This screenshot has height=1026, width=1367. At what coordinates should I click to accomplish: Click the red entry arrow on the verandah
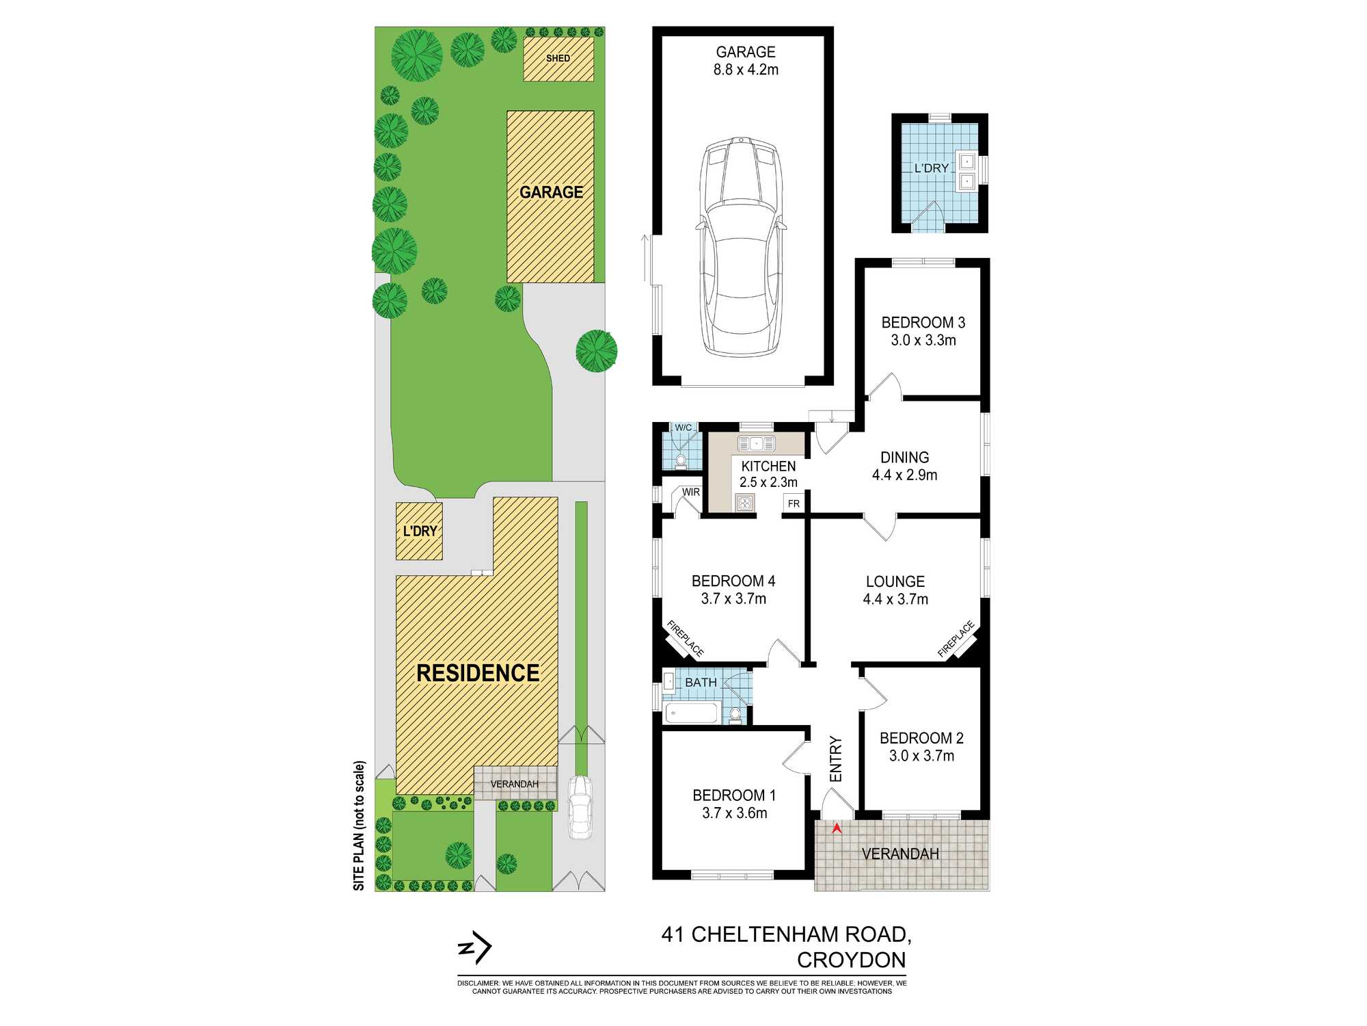835,828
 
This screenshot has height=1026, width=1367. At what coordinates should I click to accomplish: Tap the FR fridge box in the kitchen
794,503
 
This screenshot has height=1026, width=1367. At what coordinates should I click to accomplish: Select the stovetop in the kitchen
745,503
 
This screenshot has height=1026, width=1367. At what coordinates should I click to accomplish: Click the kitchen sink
756,444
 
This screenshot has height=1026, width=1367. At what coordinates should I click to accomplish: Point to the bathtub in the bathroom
692,713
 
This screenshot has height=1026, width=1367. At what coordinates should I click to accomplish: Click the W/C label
683,428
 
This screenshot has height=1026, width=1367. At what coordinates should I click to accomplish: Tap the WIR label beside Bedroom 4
691,492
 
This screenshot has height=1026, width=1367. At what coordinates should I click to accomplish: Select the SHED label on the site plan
558,58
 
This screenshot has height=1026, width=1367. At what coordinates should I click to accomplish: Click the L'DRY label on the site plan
420,531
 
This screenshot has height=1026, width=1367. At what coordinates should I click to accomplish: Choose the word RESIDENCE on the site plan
478,673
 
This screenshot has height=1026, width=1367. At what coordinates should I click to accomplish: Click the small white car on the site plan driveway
580,807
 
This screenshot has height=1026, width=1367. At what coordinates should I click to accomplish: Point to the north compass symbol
474,948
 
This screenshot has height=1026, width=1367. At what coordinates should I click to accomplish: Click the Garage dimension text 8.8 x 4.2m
746,70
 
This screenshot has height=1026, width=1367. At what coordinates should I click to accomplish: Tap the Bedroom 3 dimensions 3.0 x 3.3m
923,340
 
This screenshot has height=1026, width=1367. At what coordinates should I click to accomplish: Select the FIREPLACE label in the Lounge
956,639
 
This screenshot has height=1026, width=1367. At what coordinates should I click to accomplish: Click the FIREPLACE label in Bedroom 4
686,638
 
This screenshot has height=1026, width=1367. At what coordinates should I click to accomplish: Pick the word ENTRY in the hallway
836,759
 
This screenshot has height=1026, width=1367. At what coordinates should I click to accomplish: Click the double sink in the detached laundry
967,172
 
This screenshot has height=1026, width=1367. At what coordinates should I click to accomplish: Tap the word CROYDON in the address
852,960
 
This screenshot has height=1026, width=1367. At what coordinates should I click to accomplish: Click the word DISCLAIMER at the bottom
478,984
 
